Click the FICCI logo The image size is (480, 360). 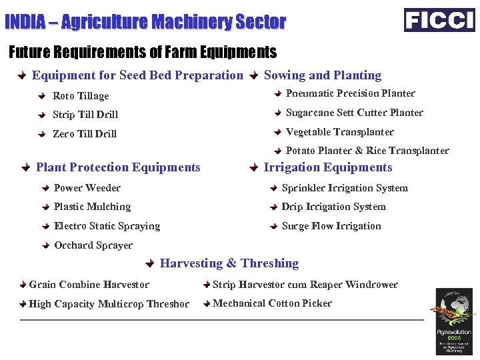tap(439, 20)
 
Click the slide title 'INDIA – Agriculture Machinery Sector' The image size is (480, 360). tap(145, 22)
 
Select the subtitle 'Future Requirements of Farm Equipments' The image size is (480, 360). tap(142, 51)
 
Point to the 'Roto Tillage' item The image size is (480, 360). tap(81, 96)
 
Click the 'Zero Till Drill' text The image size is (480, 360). tap(85, 134)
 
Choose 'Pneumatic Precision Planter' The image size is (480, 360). tap(350, 93)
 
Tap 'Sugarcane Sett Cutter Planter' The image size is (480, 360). tap(354, 113)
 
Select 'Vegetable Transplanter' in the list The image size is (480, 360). tap(339, 132)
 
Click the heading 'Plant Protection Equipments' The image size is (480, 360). tap(118, 167)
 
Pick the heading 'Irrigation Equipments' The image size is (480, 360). tap(328, 167)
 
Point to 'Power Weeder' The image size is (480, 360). tap(87, 188)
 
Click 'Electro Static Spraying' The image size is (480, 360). tap(107, 226)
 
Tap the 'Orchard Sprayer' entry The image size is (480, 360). tap(93, 245)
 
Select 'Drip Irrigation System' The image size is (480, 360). tap(333, 207)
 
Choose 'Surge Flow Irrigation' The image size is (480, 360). tap(331, 226)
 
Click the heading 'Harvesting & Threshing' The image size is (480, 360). tap(229, 263)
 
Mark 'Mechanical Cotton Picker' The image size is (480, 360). tap(272, 303)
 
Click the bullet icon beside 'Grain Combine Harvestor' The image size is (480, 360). tap(23, 285)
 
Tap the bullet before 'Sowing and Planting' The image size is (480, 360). tap(253, 76)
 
